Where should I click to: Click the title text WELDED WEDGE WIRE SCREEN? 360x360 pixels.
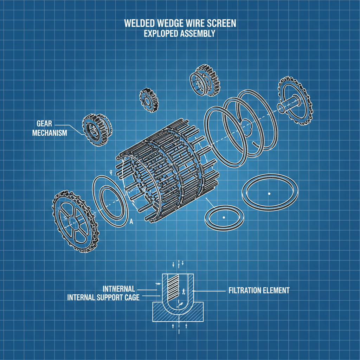[x=180, y=23]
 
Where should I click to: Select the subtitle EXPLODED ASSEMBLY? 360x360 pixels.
[x=180, y=34]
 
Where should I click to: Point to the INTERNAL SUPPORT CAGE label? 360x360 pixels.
[x=103, y=298]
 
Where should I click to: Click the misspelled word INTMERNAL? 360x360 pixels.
[x=118, y=289]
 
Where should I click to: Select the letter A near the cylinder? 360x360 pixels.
[x=131, y=221]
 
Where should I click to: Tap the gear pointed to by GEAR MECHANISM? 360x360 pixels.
[x=97, y=130]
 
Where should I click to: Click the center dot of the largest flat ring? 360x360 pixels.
[x=269, y=193]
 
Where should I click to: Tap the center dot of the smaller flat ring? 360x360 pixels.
[x=224, y=218]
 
